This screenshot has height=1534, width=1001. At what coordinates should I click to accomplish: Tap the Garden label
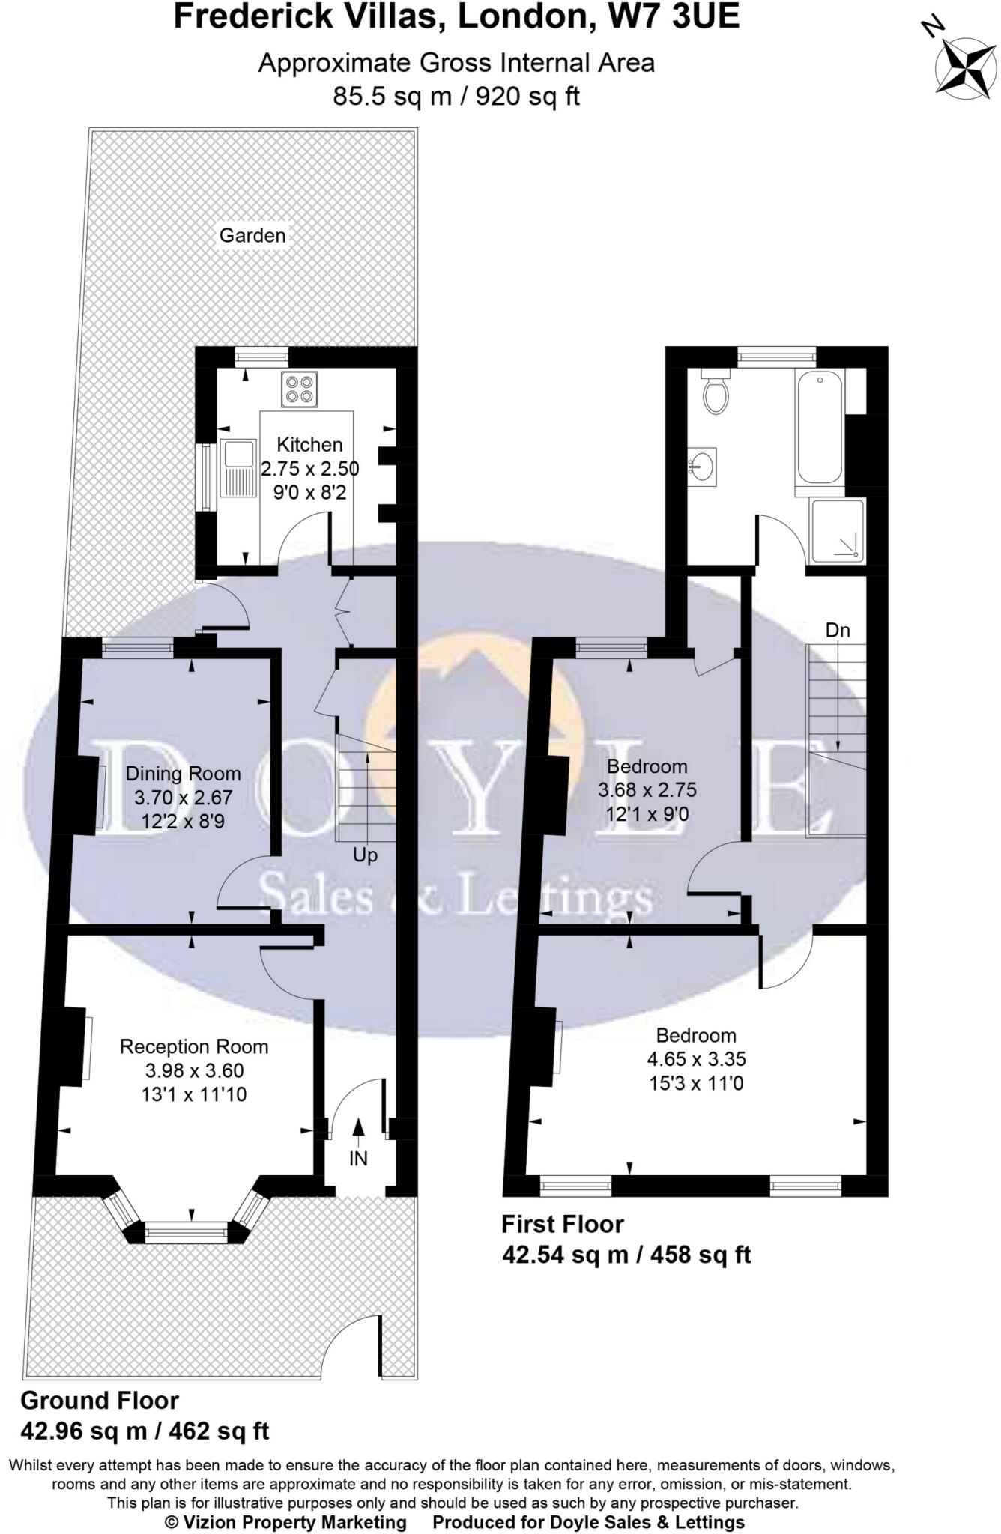pos(252,235)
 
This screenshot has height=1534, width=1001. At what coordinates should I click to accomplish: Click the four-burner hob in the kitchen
pos(299,389)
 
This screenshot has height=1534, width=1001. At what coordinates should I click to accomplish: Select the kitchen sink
pos(238,469)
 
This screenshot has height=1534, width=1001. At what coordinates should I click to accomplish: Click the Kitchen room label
pos(309,444)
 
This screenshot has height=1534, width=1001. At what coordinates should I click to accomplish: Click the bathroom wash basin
pos(702,467)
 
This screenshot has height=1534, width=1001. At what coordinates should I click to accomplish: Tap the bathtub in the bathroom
pos(820,427)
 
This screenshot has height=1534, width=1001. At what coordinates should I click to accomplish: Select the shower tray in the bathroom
pos(837,530)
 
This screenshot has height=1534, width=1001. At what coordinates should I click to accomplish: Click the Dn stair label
pos(838,630)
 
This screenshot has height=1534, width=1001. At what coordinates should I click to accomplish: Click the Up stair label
pos(365,855)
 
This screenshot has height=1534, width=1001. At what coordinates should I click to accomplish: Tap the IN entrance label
pos(358,1158)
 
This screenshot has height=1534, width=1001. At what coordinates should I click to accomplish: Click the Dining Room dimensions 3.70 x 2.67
pos(184,798)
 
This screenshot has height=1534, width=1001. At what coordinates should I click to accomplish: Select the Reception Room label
pos(194,1046)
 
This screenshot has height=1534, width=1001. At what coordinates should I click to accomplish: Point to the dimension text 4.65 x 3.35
pos(696,1059)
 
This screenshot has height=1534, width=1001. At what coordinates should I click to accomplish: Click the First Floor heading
pos(562,1224)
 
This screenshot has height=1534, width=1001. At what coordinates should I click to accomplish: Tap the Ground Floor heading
pos(100,1400)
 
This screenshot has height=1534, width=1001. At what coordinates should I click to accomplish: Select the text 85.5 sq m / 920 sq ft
pos(456,97)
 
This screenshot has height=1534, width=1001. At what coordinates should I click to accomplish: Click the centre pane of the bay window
pos(185,1231)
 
